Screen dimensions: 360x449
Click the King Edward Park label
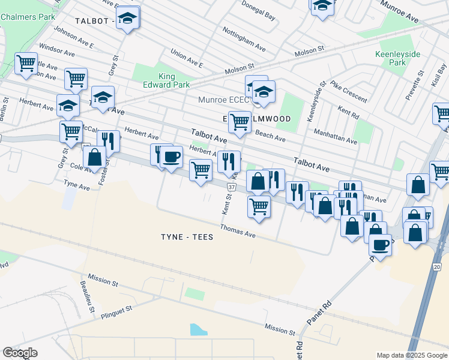(x=175, y=80)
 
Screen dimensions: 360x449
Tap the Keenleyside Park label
(x=397, y=58)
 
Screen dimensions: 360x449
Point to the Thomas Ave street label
(x=238, y=230)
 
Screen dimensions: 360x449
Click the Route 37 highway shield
(x=231, y=187)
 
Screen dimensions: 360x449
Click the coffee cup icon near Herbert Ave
(x=171, y=157)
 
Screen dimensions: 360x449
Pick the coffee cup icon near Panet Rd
(x=380, y=244)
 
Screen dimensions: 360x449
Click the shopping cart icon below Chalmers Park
(x=26, y=63)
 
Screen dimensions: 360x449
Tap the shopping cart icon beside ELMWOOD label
(x=240, y=122)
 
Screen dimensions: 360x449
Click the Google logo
(x=20, y=352)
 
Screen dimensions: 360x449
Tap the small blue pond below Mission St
(x=199, y=329)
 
